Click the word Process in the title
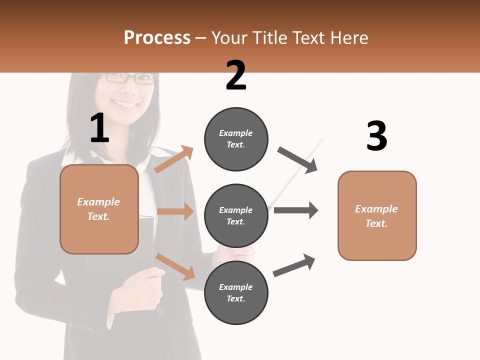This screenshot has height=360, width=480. (x=157, y=38)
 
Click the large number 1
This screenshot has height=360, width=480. (x=99, y=128)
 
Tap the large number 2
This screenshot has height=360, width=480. (x=236, y=75)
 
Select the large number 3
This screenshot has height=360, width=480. (x=376, y=136)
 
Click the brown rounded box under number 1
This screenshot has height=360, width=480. (x=99, y=209)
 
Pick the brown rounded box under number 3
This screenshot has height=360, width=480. (x=377, y=215)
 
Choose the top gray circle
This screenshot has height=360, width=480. (x=236, y=138)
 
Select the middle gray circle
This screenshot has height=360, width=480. (x=236, y=215)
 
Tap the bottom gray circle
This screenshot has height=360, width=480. (x=236, y=292)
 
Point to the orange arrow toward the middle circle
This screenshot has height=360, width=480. (x=175, y=211)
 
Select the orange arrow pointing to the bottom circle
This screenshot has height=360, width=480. (x=175, y=266)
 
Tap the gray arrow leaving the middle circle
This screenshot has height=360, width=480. (x=296, y=210)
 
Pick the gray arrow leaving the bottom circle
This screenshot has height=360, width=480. (x=294, y=265)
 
